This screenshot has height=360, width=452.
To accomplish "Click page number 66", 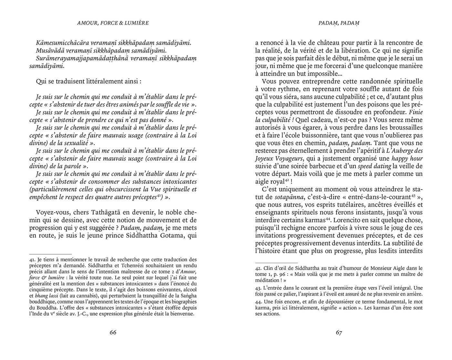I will click(113, 333).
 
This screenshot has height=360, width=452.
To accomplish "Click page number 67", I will click(339, 333).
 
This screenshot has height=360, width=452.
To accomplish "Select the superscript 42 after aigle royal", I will click(287, 180).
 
